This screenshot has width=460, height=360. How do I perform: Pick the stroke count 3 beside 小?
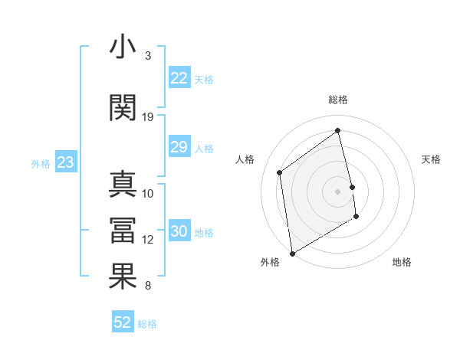148,56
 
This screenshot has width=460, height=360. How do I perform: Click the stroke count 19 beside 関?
148,117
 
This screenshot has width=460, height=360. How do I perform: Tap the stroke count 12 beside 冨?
148,240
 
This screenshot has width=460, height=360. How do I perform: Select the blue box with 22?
179,78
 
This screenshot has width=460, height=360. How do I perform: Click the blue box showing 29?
179,147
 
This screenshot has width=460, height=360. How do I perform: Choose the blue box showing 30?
179,231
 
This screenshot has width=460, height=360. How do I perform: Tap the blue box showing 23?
65,162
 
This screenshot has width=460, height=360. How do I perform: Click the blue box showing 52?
123,322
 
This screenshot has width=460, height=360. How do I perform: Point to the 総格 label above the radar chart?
338,100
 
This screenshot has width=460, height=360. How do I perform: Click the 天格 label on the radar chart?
432,159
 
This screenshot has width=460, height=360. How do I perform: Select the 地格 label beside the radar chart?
402,262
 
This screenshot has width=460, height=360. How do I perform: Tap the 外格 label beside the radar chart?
270,262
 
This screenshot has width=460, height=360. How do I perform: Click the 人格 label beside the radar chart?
245,159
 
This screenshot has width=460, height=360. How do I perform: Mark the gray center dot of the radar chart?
338,191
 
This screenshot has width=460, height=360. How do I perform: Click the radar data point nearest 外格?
292,253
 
